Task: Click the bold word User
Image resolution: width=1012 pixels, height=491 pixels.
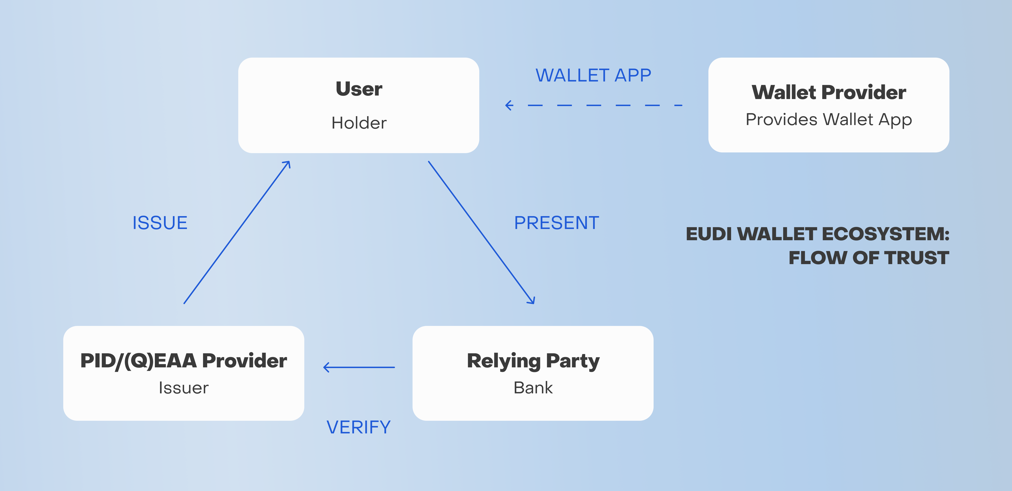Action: click(359, 89)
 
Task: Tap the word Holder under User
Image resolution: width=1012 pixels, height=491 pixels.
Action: click(359, 123)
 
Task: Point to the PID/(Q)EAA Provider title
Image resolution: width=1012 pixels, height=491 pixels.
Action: click(183, 361)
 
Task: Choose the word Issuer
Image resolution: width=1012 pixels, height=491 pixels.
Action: click(183, 388)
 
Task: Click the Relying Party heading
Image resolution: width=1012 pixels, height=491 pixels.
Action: click(533, 361)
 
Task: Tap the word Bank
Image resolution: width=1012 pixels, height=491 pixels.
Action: click(533, 388)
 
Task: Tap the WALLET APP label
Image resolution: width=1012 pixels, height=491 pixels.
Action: click(593, 75)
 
